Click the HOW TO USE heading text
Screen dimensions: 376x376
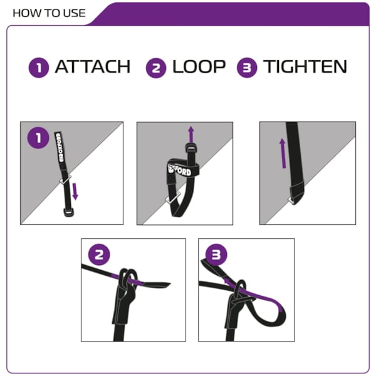pyautogui.click(x=49, y=13)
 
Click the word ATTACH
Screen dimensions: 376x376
pyautogui.click(x=93, y=66)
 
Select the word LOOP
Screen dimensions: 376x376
pyautogui.click(x=199, y=66)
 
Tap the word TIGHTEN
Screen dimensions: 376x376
pyautogui.click(x=305, y=66)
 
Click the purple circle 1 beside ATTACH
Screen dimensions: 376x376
pyautogui.click(x=39, y=68)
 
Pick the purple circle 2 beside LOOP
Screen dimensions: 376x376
pyautogui.click(x=156, y=68)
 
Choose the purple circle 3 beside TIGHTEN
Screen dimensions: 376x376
pyautogui.click(x=247, y=68)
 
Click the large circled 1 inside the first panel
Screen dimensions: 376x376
pyautogui.click(x=38, y=138)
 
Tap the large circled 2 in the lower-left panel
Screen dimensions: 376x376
pyautogui.click(x=99, y=254)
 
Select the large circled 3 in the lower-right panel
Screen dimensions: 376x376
pyautogui.click(x=216, y=254)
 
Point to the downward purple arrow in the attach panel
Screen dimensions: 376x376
pyautogui.click(x=75, y=191)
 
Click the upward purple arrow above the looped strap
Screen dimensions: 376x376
pyautogui.click(x=191, y=134)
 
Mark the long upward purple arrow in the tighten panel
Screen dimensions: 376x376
pyautogui.click(x=283, y=154)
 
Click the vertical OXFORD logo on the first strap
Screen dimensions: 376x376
pyautogui.click(x=60, y=147)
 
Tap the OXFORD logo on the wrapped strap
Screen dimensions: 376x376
pyautogui.click(x=180, y=170)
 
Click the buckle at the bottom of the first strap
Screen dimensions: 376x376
pyautogui.click(x=69, y=212)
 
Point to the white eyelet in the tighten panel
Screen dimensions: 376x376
pyautogui.click(x=291, y=201)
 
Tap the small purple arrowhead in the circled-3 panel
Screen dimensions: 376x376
pyautogui.click(x=226, y=280)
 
